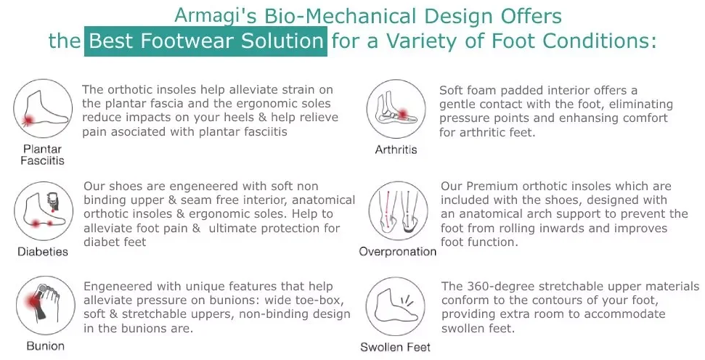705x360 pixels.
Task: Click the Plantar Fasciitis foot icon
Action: [x=43, y=109]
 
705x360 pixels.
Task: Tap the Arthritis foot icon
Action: [x=396, y=109]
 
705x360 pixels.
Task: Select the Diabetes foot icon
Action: [x=44, y=211]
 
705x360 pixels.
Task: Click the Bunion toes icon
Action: [x=46, y=306]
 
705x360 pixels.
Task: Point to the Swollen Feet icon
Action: [x=395, y=306]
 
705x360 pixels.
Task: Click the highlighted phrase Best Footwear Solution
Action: [x=206, y=41]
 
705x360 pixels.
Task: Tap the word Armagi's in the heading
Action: [x=216, y=16]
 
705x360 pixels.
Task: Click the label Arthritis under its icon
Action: [x=396, y=150]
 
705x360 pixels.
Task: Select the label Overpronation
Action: [x=397, y=252]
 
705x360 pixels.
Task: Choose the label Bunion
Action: [x=46, y=346]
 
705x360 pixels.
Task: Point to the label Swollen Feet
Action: [x=395, y=348]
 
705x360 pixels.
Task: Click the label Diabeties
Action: [x=43, y=252]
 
